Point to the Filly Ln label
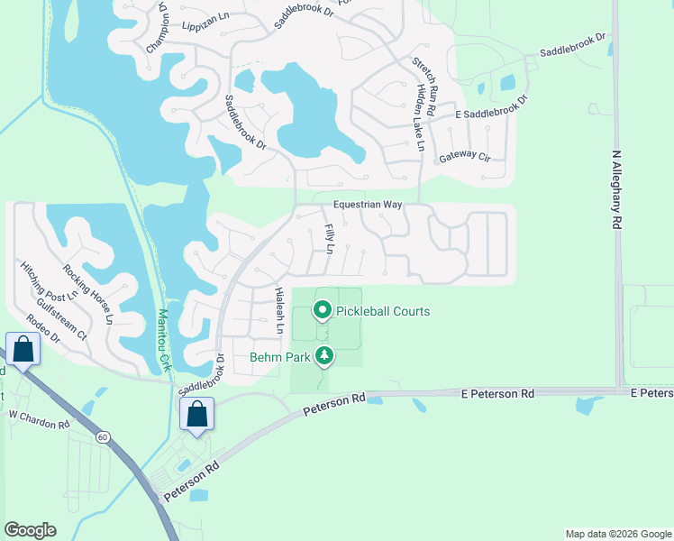pos(330,238)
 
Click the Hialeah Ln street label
pos(280,307)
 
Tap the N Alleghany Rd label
pos(617,189)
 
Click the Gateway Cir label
pos(464,157)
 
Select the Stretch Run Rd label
pos(424,86)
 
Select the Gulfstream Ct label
pos(68,313)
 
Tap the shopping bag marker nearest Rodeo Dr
pos(22,348)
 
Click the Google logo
pos(30,530)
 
